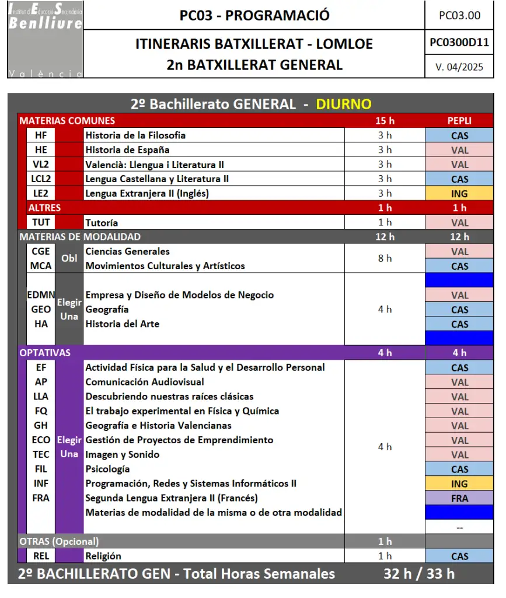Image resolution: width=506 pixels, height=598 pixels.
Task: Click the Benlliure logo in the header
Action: [46, 40]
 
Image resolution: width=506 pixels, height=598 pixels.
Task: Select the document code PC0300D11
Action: [459, 43]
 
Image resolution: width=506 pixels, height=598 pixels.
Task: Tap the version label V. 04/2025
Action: [459, 67]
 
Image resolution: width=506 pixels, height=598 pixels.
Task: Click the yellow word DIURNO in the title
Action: [344, 104]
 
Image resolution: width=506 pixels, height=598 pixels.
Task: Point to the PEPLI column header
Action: [459, 121]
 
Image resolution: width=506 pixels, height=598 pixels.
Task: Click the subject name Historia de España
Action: [127, 149]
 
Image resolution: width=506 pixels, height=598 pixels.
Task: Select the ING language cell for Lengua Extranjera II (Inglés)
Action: [459, 193]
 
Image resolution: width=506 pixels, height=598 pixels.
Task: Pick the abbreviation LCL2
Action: [41, 179]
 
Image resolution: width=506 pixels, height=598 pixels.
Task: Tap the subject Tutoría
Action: [102, 222]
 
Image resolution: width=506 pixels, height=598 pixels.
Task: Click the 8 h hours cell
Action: [385, 258]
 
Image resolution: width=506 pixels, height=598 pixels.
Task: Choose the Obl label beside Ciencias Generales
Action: [69, 258]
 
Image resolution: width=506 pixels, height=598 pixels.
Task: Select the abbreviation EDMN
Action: [41, 295]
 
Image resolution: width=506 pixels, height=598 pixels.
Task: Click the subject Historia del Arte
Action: [122, 324]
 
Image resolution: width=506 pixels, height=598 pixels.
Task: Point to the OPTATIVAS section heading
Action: [45, 353]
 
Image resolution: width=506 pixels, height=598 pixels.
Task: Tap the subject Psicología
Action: [107, 469]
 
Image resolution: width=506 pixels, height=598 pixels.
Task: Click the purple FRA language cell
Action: [459, 498]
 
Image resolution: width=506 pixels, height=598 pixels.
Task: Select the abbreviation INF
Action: [41, 484]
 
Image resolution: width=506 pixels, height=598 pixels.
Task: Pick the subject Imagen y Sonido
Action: [122, 454]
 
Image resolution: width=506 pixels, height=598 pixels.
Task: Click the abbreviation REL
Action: [41, 556]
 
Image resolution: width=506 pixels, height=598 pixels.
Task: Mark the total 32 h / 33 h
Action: [419, 573]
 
